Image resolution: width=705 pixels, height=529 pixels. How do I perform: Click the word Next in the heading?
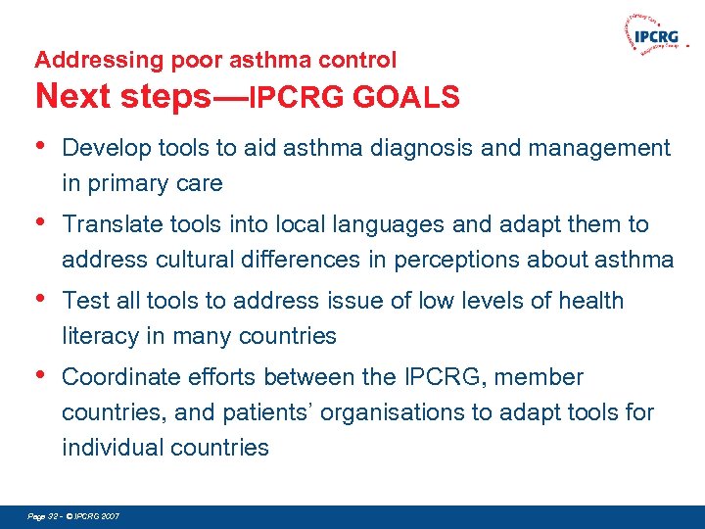68,96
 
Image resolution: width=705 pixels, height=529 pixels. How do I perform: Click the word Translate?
111,224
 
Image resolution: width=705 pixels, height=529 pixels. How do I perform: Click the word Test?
83,301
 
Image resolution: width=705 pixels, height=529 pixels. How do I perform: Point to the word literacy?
99,336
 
